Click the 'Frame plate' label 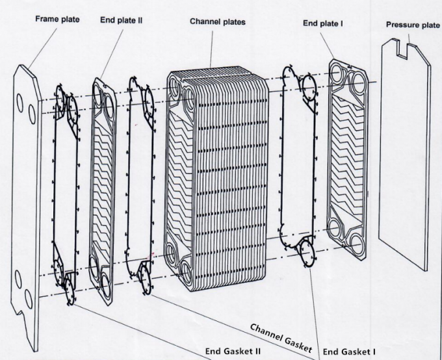point(57,19)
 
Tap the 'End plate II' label point(122,20)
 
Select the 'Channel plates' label point(218,21)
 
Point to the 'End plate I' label point(323,23)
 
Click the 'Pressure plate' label point(413,25)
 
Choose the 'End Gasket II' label point(233,352)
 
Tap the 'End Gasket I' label point(349,352)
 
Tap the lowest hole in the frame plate point(29,299)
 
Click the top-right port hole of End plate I point(357,81)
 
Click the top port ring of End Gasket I point(309,85)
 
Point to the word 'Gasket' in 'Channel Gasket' point(296,340)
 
